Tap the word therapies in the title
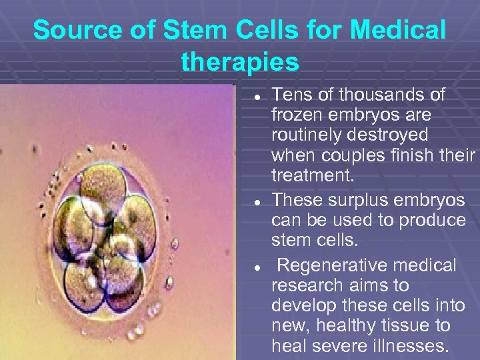(240, 62)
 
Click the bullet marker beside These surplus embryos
(256, 201)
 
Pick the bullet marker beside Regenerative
(256, 266)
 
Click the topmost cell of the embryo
(103, 183)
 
